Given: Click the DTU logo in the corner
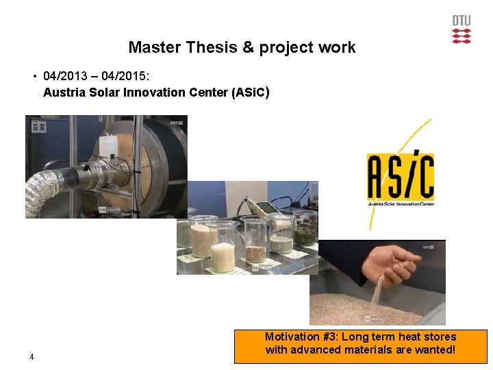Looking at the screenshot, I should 462,29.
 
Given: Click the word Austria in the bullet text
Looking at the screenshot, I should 64,92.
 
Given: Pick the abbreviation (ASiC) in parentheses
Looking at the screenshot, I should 253,92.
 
